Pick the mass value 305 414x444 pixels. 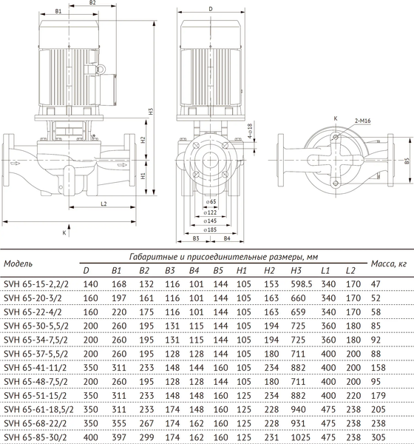point(378,437)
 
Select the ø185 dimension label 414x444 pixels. point(211,230)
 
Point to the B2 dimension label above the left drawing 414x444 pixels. point(93,4)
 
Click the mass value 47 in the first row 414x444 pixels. point(376,284)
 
